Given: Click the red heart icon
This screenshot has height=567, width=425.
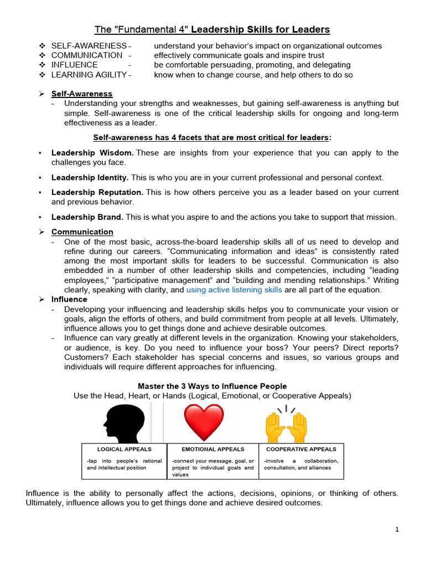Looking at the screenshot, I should coord(204,422).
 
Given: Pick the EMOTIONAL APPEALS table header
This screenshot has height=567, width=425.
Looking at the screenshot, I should coord(212,449).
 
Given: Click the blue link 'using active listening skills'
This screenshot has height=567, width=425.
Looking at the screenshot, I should coord(234,290).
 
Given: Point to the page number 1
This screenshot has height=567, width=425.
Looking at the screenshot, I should coord(397,529).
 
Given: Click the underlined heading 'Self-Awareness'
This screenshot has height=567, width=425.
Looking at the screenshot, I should coord(82,94).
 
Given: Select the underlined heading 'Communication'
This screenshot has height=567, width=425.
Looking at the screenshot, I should coord(82,231).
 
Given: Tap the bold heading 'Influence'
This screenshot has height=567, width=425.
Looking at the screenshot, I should coord(69,299).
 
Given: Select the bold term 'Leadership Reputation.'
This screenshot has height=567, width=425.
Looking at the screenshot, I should coord(97,192).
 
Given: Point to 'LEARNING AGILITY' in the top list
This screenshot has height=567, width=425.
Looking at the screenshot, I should coord(89,75).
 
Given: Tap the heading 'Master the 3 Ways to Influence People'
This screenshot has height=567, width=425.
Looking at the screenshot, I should coord(212,386).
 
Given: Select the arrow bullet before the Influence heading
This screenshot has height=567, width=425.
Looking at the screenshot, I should coord(42,300).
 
